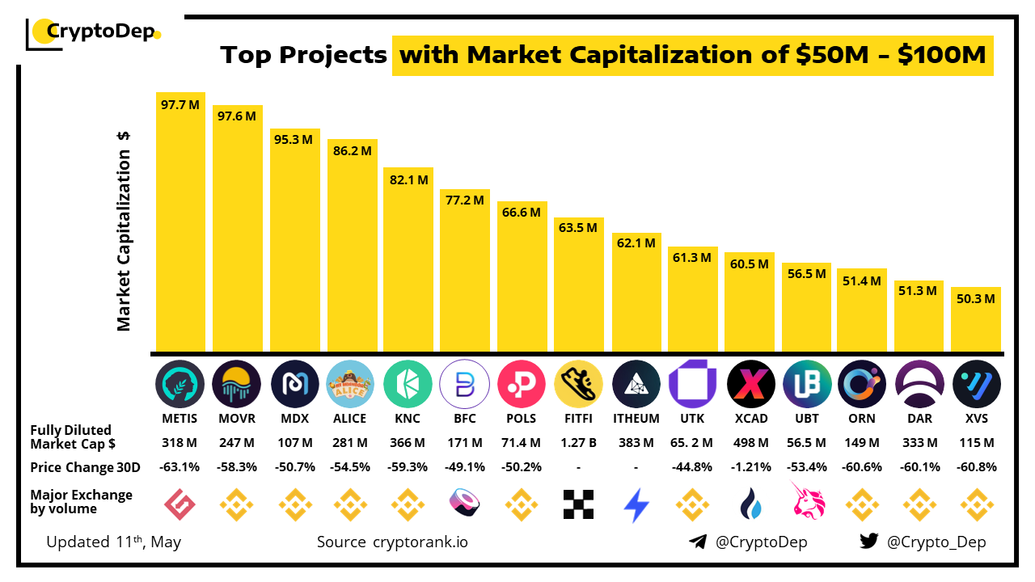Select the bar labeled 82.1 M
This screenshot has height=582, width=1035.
[408, 259]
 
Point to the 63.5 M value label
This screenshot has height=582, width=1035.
[578, 228]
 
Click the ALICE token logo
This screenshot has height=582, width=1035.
[350, 384]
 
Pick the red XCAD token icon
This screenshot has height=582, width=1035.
[750, 384]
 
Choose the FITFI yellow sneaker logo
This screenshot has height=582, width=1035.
[578, 384]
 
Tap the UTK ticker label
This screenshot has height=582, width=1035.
[692, 419]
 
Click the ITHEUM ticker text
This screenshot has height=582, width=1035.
[636, 419]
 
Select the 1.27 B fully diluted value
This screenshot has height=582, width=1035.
[578, 443]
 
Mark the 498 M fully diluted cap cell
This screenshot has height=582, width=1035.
[750, 443]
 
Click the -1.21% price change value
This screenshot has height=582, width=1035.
[750, 467]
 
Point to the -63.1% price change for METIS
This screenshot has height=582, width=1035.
[180, 467]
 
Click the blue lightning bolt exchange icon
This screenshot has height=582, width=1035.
[636, 505]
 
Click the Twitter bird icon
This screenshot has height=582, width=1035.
[868, 542]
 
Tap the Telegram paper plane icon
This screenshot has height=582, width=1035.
[697, 542]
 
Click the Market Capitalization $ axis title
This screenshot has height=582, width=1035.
[124, 230]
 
